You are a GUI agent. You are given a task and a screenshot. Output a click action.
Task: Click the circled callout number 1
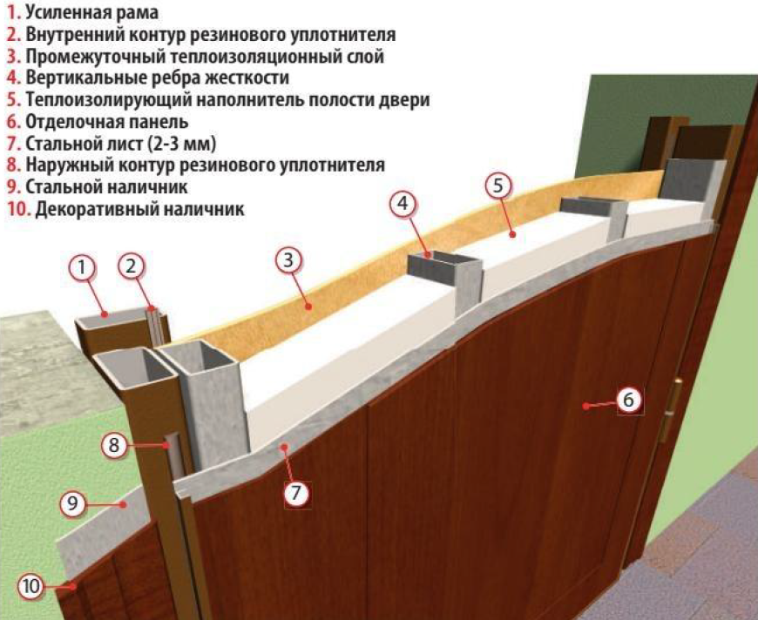(x=83, y=267)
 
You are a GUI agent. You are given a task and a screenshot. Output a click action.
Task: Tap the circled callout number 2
(x=132, y=266)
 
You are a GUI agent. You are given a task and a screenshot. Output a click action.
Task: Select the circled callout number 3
(x=288, y=260)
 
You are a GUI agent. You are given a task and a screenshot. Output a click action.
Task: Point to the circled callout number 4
(x=403, y=205)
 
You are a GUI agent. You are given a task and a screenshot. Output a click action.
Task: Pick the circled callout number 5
(x=498, y=185)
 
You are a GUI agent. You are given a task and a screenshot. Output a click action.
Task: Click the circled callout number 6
(x=628, y=400)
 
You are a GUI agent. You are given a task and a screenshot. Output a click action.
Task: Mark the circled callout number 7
(x=296, y=493)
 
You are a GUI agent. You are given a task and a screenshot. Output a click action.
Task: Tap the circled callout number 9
(x=72, y=504)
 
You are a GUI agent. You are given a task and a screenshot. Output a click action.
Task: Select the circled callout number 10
(x=31, y=586)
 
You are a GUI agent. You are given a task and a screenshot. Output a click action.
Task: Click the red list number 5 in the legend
(x=13, y=100)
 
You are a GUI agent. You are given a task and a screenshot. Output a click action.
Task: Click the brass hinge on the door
(x=673, y=411)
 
